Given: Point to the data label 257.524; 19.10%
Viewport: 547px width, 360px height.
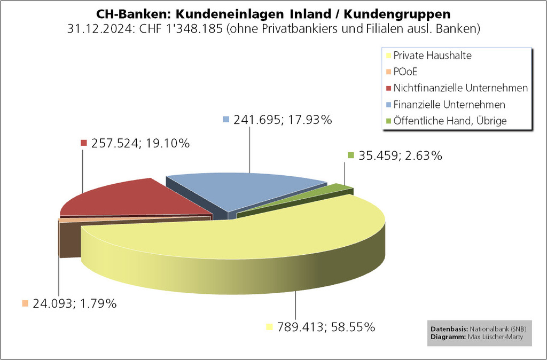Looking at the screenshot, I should click(x=140, y=143).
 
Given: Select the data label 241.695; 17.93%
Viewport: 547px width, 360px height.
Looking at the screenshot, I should click(x=283, y=120).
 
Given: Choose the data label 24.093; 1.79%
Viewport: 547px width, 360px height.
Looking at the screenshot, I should click(x=74, y=304).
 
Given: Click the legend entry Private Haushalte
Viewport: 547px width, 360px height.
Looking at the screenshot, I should click(x=432, y=56).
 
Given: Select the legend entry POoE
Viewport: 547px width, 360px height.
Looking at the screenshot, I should click(x=407, y=72).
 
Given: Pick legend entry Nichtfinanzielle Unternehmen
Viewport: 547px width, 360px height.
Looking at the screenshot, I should click(x=460, y=88).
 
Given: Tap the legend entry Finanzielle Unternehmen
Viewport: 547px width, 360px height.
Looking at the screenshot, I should click(x=449, y=104).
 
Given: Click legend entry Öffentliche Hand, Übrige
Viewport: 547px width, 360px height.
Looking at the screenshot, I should click(x=449, y=121).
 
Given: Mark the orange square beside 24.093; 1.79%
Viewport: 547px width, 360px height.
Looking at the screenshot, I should click(x=25, y=303).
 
